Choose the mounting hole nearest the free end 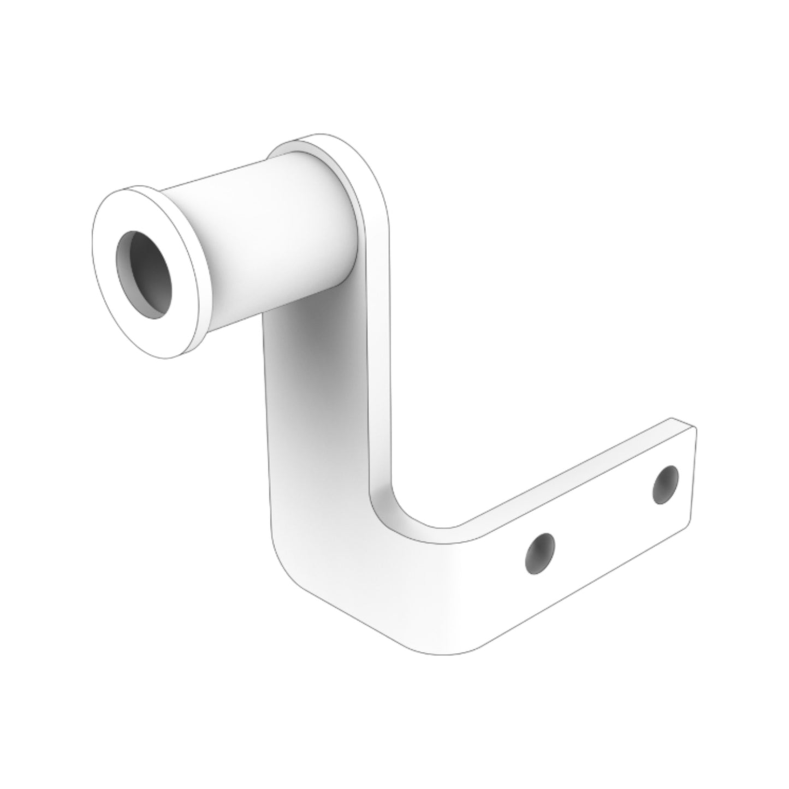666,484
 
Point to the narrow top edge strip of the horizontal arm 568,475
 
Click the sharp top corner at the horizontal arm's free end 696,428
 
